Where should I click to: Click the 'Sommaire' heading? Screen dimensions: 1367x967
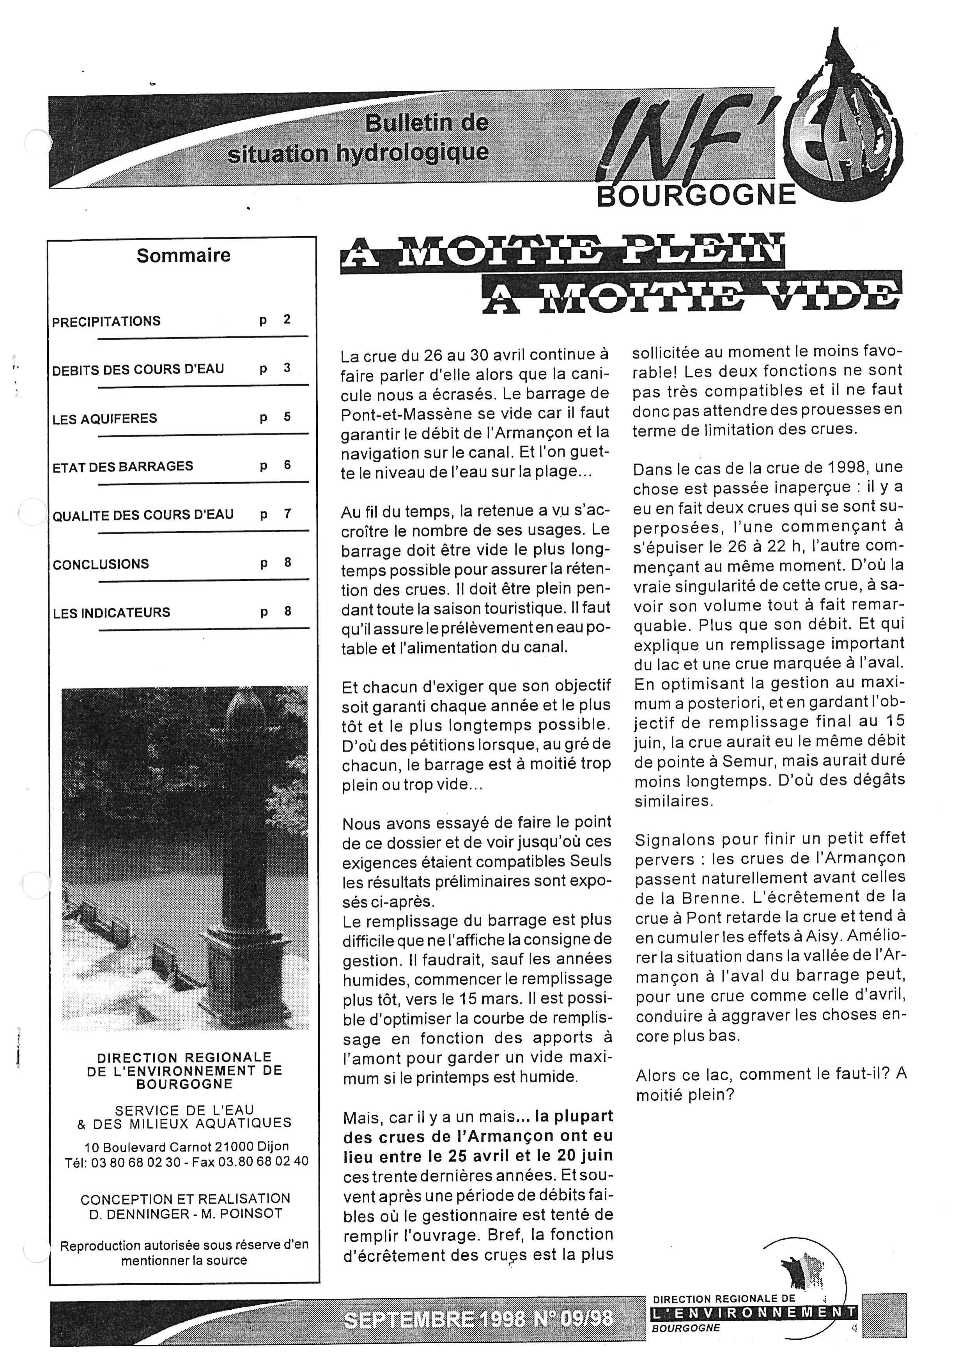tap(183, 255)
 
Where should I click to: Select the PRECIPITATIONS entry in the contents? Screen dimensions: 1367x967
tap(106, 322)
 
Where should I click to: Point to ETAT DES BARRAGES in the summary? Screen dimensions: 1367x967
tap(123, 466)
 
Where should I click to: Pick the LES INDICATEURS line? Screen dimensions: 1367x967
tap(112, 613)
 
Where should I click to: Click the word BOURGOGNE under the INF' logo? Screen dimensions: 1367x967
tap(696, 195)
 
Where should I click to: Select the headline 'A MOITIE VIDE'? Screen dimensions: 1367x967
tap(691, 293)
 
